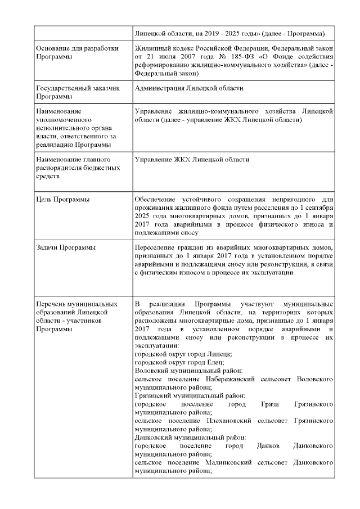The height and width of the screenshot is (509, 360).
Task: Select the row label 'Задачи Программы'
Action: pyautogui.click(x=65, y=247)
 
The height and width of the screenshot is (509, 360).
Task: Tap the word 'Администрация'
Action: pyautogui.click(x=160, y=89)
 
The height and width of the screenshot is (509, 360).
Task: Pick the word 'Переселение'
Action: pyautogui.click(x=156, y=247)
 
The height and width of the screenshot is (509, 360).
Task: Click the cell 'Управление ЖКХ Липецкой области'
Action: pyautogui.click(x=192, y=160)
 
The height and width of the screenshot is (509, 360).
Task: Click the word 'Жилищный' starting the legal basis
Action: pyautogui.click(x=152, y=48)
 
